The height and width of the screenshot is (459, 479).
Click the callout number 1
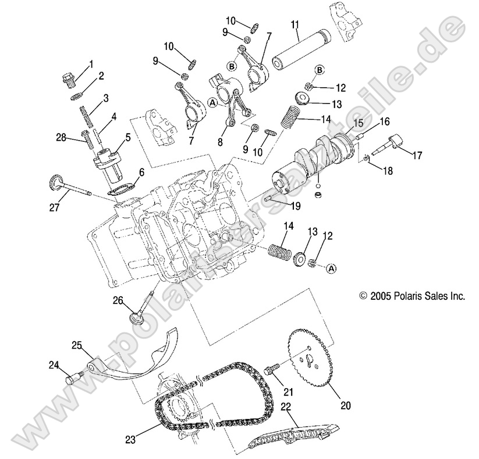point(90,63)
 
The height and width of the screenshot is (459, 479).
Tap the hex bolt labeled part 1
point(68,77)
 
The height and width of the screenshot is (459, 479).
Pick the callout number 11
point(295,24)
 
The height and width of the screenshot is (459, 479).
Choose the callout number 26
point(119,300)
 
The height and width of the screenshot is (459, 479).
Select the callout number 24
point(54,365)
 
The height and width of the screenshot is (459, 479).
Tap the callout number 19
point(296,205)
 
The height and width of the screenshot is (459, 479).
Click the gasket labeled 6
point(120,189)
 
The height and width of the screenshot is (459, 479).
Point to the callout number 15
point(358,123)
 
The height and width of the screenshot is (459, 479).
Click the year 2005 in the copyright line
point(379,296)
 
